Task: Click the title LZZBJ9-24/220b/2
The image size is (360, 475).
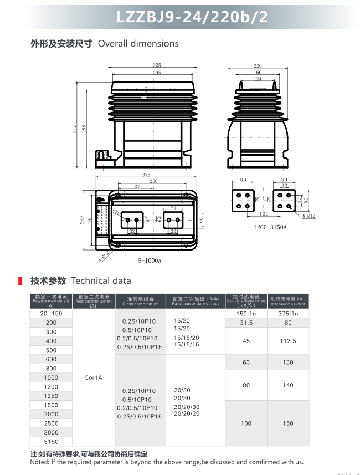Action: coord(192,17)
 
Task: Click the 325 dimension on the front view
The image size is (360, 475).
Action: coord(157,65)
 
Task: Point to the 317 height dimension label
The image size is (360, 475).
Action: coord(74,129)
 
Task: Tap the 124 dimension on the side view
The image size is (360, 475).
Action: coord(258,79)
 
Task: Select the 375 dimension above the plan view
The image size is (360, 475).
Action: coord(146,175)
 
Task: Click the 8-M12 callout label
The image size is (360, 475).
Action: coord(308,216)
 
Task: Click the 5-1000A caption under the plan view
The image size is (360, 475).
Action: coord(150,261)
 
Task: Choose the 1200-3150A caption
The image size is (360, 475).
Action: coord(270,227)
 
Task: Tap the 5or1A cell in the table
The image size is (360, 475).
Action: coord(94,377)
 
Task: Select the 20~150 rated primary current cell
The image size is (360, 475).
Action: coord(51,314)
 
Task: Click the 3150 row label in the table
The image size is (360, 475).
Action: coord(51,442)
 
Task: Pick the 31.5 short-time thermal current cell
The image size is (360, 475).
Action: coord(246,323)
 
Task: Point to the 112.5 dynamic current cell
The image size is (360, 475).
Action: coord(288,341)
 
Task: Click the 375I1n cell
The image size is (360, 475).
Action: coord(288,314)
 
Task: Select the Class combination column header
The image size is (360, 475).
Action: coord(140,301)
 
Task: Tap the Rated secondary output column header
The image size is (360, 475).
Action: coord(196,301)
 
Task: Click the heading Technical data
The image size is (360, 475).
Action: coord(101,280)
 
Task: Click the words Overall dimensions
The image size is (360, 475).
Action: coord(138,43)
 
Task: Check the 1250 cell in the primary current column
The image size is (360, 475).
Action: coord(51,396)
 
